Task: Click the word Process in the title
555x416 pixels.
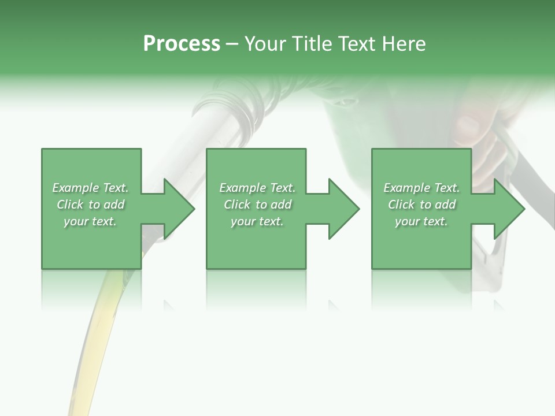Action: coord(182,44)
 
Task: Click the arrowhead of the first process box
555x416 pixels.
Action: coord(179,209)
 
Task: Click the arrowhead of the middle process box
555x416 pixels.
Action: coord(344,209)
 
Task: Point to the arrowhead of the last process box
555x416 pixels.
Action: coord(509,209)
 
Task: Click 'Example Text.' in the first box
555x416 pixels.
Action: coord(90,188)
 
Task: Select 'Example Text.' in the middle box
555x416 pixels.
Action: coord(257,188)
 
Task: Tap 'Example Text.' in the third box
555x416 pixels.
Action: coord(421,188)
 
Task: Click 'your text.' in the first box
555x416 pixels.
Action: coord(90,221)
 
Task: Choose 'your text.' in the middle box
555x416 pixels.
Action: coord(257,221)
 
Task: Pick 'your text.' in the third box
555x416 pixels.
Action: coord(421,221)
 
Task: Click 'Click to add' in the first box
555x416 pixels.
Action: coord(90,205)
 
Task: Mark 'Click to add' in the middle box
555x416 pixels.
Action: coord(257,205)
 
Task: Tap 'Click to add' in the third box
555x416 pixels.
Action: coord(421,205)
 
